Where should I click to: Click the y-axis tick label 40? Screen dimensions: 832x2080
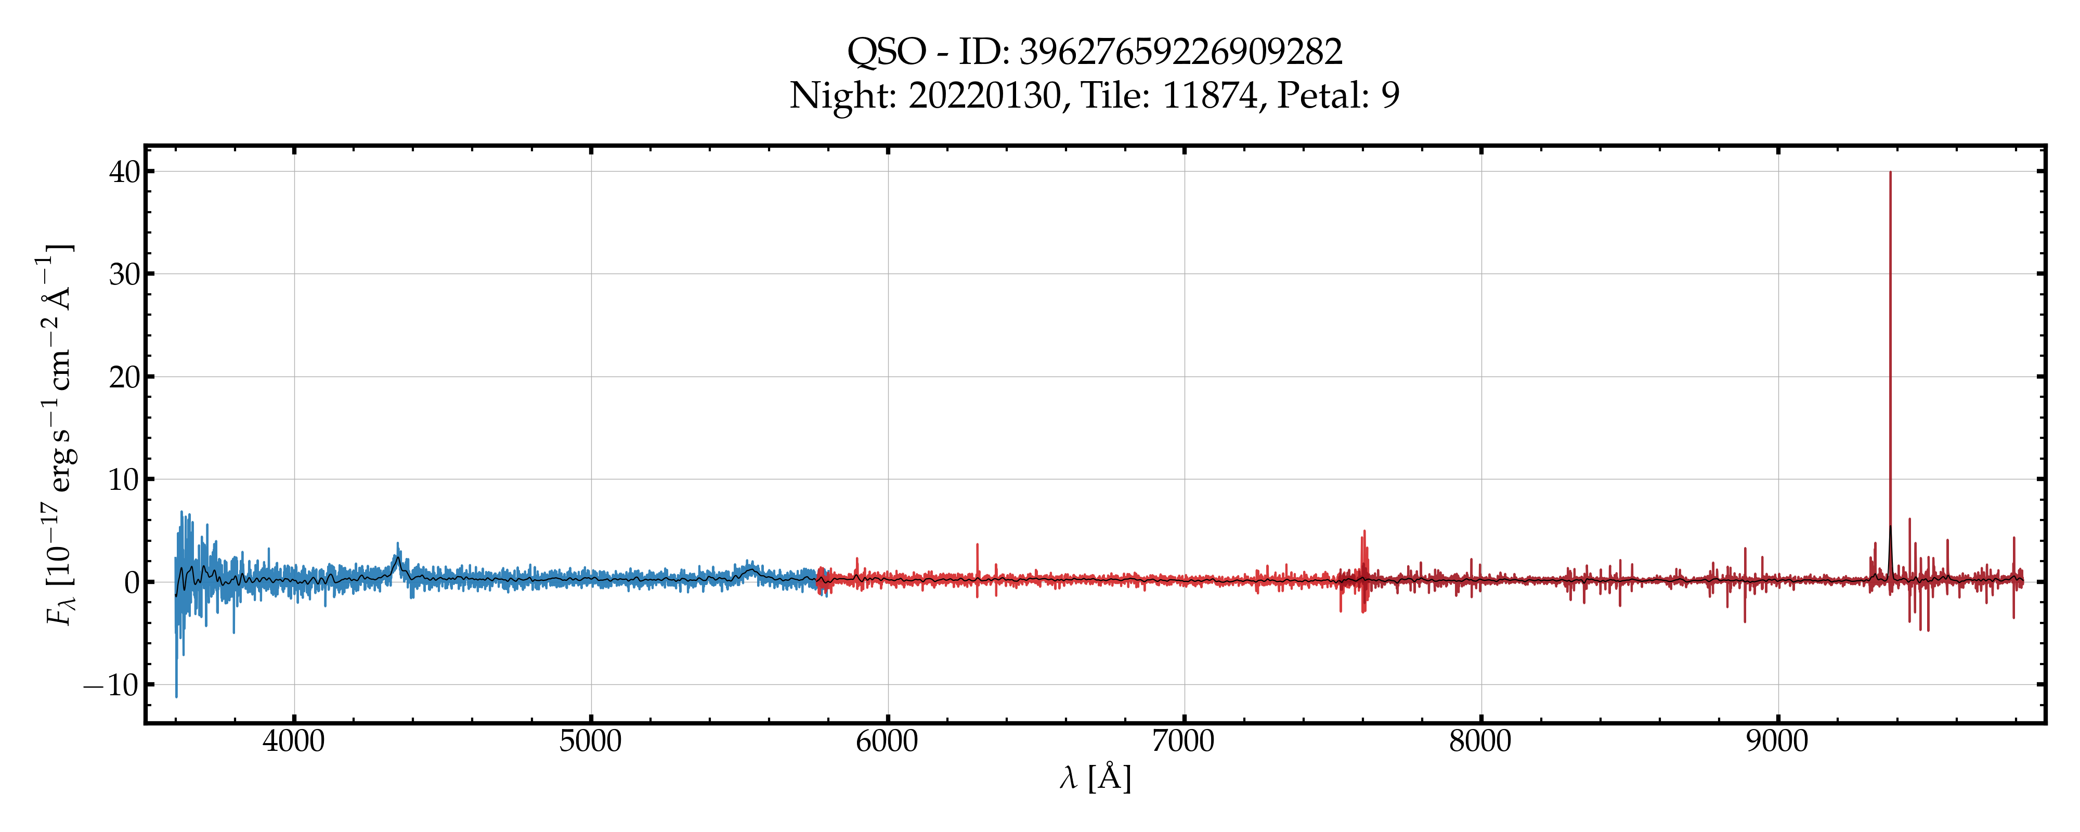pyautogui.click(x=125, y=171)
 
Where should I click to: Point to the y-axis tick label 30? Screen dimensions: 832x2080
pyautogui.click(x=125, y=274)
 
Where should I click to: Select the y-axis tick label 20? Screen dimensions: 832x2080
pyautogui.click(x=125, y=376)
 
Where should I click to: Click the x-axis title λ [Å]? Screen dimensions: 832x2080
pyautogui.click(x=1095, y=778)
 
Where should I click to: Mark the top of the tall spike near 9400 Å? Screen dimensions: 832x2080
pyautogui.click(x=1890, y=173)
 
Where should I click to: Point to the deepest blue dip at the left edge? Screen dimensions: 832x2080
pyautogui.click(x=176, y=695)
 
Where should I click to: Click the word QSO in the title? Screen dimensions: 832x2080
pyautogui.click(x=886, y=53)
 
